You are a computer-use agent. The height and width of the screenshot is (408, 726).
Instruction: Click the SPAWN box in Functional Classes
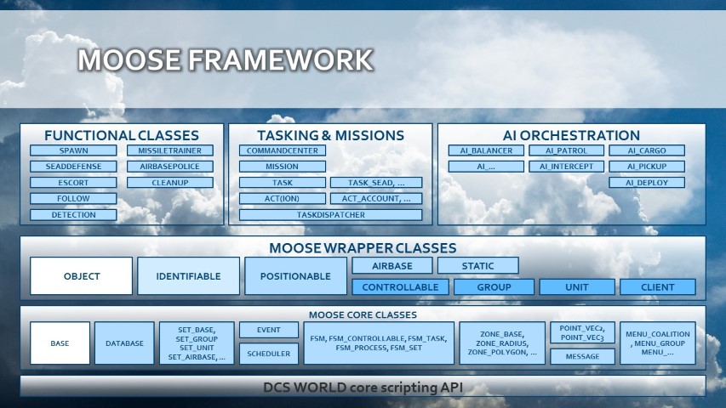click(x=73, y=150)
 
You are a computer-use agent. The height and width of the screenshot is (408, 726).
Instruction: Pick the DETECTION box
click(x=73, y=215)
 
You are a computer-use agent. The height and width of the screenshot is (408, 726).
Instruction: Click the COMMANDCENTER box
click(x=282, y=150)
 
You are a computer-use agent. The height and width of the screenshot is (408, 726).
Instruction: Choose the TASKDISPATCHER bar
click(x=330, y=215)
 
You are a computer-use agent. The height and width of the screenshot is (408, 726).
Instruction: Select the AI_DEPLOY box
click(x=647, y=183)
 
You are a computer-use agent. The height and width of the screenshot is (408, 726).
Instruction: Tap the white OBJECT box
click(x=82, y=276)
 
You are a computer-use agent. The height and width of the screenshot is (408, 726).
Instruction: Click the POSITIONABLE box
click(x=295, y=276)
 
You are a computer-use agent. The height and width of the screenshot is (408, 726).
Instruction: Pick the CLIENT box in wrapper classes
click(x=657, y=287)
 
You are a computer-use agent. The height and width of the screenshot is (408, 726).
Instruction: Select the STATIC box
click(x=477, y=266)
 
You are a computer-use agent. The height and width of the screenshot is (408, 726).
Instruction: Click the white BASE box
click(x=60, y=343)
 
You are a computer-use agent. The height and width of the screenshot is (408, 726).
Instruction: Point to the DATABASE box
click(x=124, y=343)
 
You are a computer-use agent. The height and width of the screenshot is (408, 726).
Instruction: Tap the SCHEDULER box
click(x=268, y=354)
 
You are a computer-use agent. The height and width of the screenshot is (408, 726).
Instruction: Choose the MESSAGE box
click(x=582, y=357)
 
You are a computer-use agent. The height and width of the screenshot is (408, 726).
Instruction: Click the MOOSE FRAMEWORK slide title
click(x=225, y=60)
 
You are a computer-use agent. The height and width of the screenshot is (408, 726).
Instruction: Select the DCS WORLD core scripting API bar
click(x=363, y=388)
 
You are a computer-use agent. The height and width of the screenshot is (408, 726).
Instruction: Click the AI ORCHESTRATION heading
click(x=571, y=135)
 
